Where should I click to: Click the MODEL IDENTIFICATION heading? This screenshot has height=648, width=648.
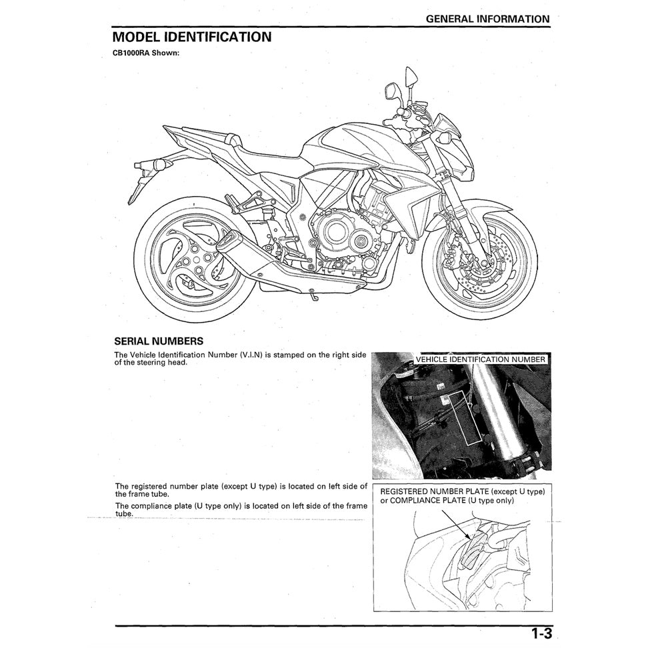pyautogui.click(x=191, y=37)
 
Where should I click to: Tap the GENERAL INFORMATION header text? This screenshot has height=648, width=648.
pyautogui.click(x=487, y=19)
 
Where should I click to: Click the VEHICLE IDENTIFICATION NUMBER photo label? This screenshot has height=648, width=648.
pyautogui.click(x=479, y=359)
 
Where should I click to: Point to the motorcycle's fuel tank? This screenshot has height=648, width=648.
pyautogui.click(x=347, y=143)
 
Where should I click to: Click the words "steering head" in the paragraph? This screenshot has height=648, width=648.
pyautogui.click(x=165, y=363)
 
